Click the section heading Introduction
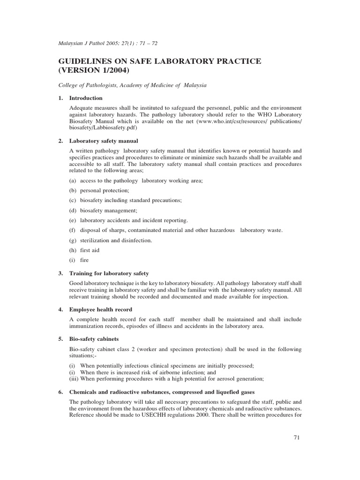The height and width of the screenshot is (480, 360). click(x=86, y=98)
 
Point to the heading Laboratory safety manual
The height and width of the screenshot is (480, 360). click(x=104, y=141)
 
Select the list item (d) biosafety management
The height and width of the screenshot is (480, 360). click(x=104, y=210)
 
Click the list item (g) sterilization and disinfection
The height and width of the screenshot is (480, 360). click(x=111, y=240)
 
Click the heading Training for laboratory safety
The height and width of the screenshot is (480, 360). click(x=109, y=273)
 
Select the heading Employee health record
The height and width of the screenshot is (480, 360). click(x=101, y=309)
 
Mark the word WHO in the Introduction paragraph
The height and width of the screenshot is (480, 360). click(x=267, y=114)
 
